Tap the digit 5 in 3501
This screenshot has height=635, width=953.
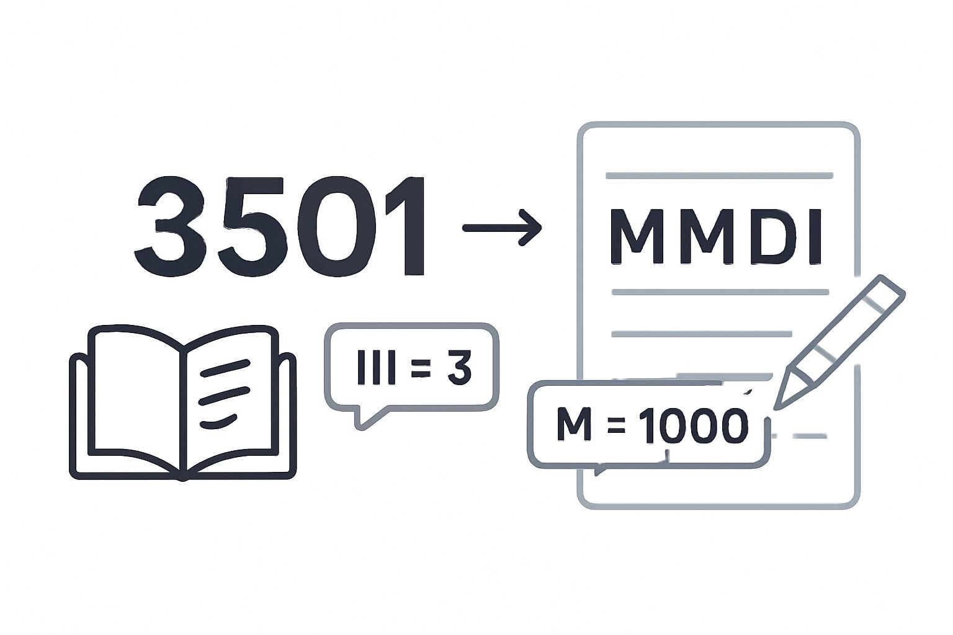pos(252,226)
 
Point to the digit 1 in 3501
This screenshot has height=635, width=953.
pos(404,226)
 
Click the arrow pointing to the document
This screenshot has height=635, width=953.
pos(502,228)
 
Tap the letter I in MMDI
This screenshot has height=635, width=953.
pos(814,237)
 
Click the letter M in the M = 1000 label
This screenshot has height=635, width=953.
pos(574,424)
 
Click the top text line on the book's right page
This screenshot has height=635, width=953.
pos(225,368)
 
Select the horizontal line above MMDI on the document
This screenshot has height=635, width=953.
pos(719,175)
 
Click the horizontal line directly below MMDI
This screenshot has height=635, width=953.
pos(720,292)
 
